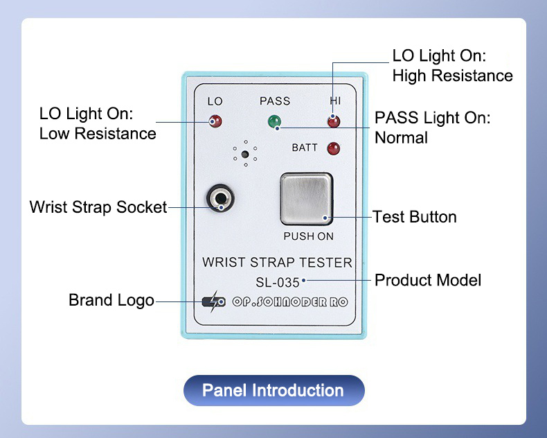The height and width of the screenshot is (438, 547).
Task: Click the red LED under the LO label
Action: coord(215,121)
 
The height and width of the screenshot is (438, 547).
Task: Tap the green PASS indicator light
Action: coord(275,121)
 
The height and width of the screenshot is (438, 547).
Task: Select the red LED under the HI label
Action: coord(334,121)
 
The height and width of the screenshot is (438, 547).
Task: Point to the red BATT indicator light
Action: coord(334,148)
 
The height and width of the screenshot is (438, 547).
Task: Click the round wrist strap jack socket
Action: coord(220,198)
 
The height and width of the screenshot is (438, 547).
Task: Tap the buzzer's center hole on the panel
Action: coord(245,154)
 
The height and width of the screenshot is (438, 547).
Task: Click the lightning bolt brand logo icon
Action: coord(213,301)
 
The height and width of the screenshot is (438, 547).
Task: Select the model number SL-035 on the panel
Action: coord(278,282)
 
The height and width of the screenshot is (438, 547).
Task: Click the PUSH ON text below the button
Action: coord(308,236)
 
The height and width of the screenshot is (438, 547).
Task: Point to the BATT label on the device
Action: coord(305,148)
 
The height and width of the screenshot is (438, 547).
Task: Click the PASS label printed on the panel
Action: coord(275,101)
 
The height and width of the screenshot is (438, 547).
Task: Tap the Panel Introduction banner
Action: coord(274,390)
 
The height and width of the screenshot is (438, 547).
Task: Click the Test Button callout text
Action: coord(415,217)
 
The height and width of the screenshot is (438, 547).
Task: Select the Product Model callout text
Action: coord(428,280)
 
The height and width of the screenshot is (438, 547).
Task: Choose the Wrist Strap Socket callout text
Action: coord(98,207)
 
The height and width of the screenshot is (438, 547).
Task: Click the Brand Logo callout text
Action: coord(111,300)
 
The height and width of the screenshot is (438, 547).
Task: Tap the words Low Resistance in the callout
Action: coord(98,134)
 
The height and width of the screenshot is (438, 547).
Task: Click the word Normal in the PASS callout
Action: coord(401,138)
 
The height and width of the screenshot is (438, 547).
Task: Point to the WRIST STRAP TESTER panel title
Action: coord(278,262)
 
